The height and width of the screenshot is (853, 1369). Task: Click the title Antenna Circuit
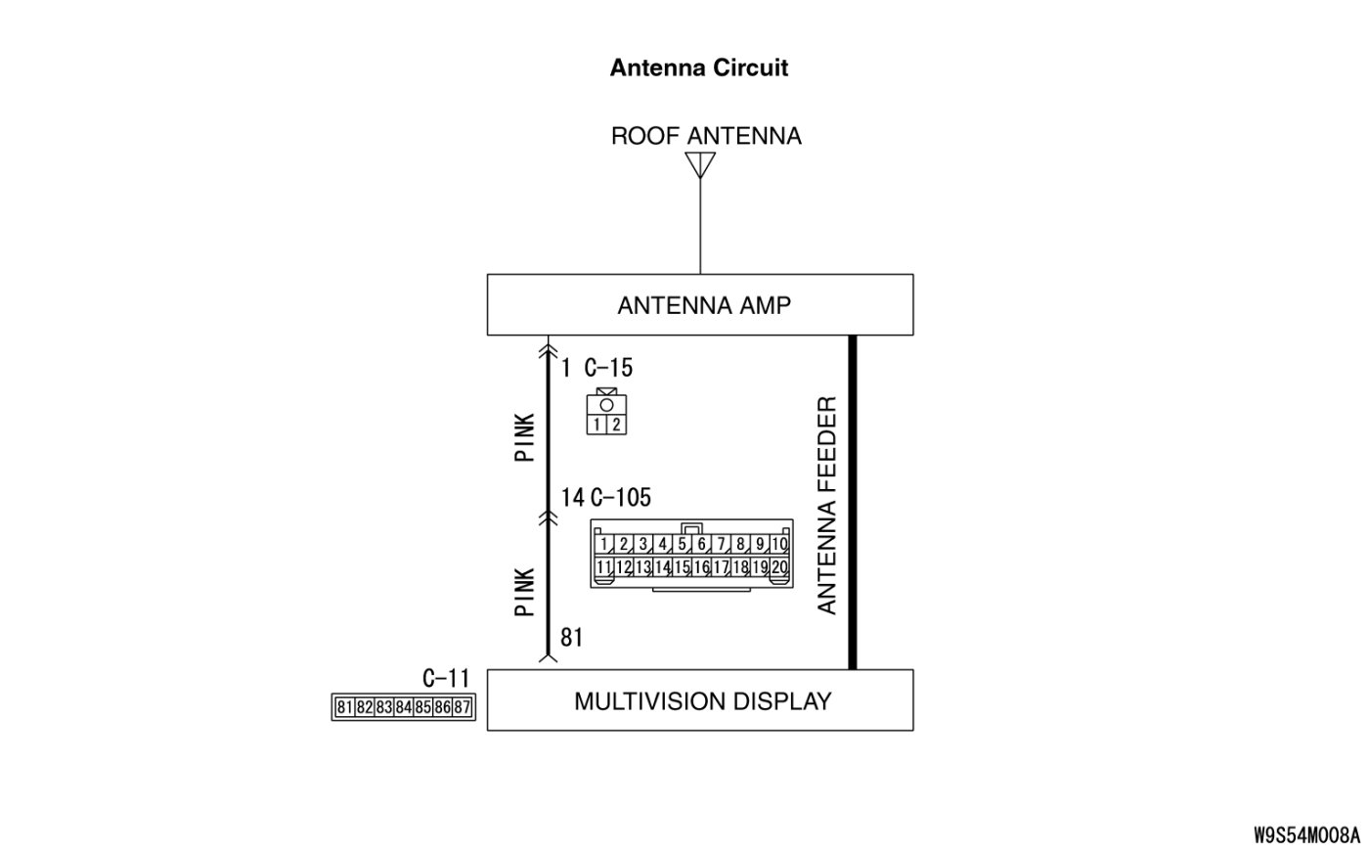pos(698,67)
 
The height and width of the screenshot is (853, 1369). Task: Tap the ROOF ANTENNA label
pos(706,136)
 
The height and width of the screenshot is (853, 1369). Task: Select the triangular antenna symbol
pos(700,164)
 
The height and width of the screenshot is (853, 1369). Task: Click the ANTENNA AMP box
pos(700,305)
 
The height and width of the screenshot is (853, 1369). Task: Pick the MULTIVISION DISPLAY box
pos(700,700)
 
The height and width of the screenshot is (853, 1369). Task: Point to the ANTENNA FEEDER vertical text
pos(827,505)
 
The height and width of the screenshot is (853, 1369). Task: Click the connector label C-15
pos(608,368)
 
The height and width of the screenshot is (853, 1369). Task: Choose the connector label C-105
pos(620,498)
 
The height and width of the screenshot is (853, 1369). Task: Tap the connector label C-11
pos(446,679)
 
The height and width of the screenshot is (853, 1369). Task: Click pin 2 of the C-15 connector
pos(617,425)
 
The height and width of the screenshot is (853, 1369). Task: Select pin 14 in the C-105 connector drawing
pos(662,567)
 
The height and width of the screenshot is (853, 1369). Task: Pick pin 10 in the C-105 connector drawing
pos(779,545)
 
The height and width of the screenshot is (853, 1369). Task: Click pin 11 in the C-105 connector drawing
pos(604,567)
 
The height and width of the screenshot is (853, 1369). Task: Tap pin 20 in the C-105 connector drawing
pos(779,567)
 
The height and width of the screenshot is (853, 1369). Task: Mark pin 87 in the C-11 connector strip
pos(463,707)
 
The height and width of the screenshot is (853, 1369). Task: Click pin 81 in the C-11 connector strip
pos(344,707)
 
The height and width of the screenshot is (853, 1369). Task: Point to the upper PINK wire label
pos(525,436)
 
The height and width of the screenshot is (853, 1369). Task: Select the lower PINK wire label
pos(525,592)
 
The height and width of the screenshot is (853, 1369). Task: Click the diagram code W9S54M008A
pos(1306,835)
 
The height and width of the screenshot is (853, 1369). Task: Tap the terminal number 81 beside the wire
pos(571,638)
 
